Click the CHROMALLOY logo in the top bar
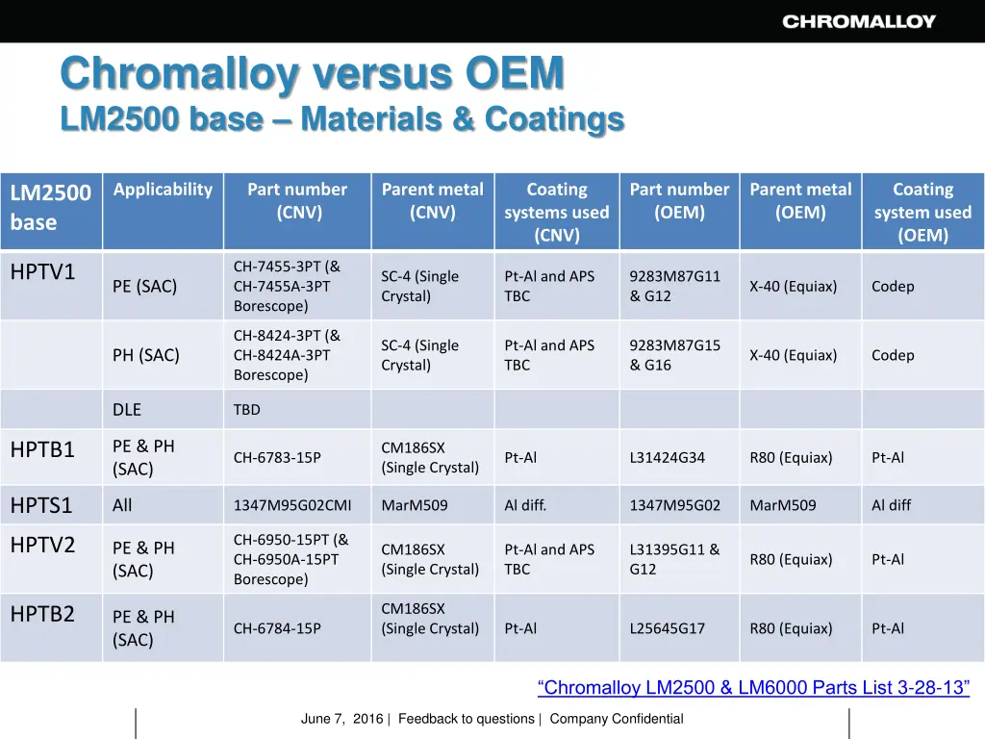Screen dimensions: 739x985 (858, 21)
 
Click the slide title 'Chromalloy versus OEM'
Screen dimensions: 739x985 (312, 73)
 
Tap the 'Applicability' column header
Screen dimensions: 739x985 (163, 190)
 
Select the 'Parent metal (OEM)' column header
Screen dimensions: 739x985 (800, 200)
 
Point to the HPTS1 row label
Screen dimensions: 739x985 (41, 505)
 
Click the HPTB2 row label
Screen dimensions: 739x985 (42, 614)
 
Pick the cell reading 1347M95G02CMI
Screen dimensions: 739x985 (292, 505)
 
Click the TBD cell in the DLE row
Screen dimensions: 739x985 (247, 410)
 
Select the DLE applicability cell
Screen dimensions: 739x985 (127, 410)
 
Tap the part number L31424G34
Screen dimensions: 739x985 (667, 458)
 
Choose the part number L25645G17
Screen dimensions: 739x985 (667, 628)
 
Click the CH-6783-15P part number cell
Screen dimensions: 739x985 (277, 458)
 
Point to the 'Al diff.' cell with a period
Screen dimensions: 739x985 (525, 505)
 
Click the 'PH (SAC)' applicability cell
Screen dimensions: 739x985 (146, 355)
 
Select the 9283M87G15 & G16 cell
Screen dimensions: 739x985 (674, 355)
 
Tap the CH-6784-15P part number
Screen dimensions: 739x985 (277, 628)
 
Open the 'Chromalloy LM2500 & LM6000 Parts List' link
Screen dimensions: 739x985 (753, 688)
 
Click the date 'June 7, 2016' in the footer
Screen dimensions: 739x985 (341, 719)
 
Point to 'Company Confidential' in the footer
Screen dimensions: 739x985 (617, 719)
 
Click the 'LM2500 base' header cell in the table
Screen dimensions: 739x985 (51, 207)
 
